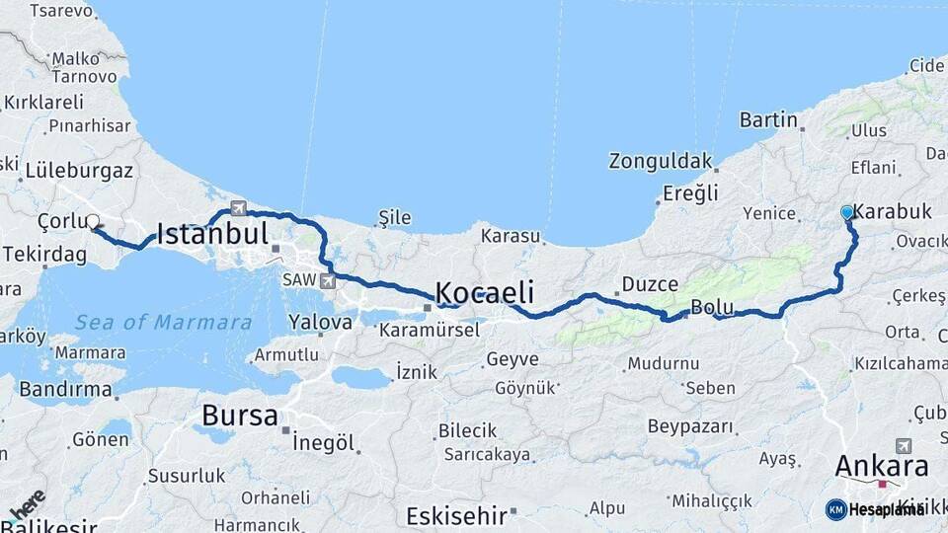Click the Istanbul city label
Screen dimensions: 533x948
pos(212,235)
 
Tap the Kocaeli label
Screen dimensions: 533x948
pos(485,292)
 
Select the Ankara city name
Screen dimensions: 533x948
pos(882,466)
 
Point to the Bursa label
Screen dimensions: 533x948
pos(240,416)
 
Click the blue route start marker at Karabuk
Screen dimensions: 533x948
pos(846,212)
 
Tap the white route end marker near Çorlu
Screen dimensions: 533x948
pos(93,222)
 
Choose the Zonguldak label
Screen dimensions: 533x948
pos(661,161)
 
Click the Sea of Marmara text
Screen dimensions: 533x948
pos(163,323)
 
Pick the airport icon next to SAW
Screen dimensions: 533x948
pos(327,280)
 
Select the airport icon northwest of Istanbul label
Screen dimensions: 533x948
pos(238,207)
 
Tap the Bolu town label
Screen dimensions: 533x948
pos(712,307)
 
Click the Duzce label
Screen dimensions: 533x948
pos(650,284)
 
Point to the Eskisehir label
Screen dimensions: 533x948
pos(456,515)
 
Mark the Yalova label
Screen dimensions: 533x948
pos(320,322)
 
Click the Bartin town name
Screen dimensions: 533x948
pos(768,120)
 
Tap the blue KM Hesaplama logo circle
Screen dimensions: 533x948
pos(835,509)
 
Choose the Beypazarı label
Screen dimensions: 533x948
pos(691,426)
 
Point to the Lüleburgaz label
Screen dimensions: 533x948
pos(79,170)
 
